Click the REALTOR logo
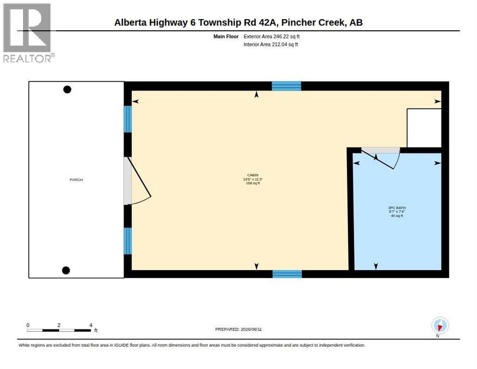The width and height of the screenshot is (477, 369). [28, 33]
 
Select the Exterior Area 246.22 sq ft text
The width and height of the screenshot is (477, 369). [271, 37]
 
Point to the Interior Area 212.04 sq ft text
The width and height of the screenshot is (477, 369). [271, 45]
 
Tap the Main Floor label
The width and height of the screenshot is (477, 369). [226, 37]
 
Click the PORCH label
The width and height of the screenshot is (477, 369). [76, 180]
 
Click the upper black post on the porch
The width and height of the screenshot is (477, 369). [67, 89]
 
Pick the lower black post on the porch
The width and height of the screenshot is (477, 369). [66, 271]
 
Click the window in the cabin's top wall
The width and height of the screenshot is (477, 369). [286, 86]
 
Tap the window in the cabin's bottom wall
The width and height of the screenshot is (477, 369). [287, 274]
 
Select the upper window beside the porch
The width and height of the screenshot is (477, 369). [128, 119]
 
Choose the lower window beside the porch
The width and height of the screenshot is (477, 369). [128, 241]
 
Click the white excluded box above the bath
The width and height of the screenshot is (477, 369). [424, 128]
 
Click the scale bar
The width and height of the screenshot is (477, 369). [59, 330]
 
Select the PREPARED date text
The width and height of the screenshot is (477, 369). [238, 330]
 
